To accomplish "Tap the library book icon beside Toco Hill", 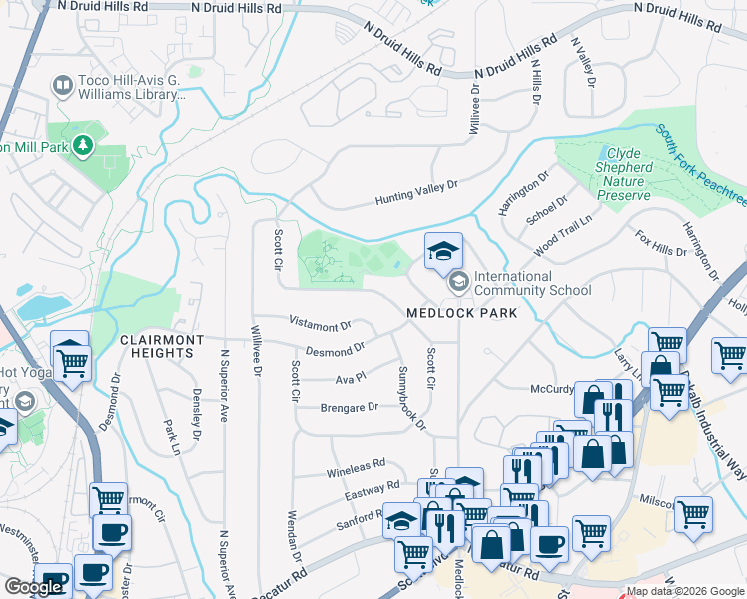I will coord(62,86).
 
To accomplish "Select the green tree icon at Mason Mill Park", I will coord(83,146).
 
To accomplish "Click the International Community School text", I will coord(532,283).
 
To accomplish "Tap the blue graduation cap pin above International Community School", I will coord(443,251).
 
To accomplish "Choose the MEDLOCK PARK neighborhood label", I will coord(461,313).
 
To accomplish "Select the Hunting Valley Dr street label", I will coord(415,192).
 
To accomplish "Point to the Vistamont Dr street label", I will coord(320,324).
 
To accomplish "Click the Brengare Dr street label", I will coord(349,407).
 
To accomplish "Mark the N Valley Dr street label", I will coord(581,62).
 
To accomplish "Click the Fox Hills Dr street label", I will coord(660,243).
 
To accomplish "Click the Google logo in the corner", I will coord(33,587).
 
